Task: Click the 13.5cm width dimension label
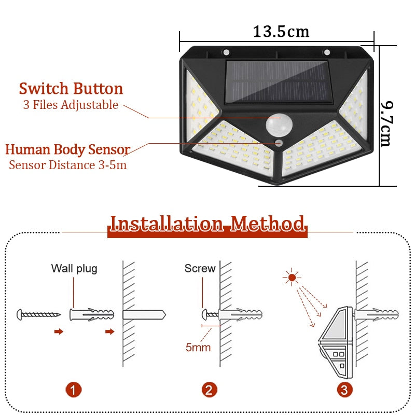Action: (x=281, y=32)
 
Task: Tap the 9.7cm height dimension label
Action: (x=387, y=123)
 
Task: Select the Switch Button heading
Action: (x=71, y=88)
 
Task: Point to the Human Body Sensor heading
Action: (x=68, y=149)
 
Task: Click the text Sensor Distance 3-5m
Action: (x=68, y=165)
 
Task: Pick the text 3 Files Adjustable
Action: (x=71, y=105)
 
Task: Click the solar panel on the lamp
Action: (x=278, y=82)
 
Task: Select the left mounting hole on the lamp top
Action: (x=226, y=52)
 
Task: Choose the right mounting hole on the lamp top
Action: (x=327, y=52)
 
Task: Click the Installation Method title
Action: (x=207, y=224)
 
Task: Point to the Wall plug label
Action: (x=74, y=269)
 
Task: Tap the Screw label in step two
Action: (x=200, y=268)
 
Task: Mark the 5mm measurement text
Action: (x=198, y=348)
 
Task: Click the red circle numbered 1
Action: (x=74, y=390)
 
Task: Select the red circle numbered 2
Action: (x=210, y=390)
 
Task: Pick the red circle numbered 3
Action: (x=344, y=390)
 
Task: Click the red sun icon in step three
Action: (x=292, y=278)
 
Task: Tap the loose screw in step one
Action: (x=38, y=314)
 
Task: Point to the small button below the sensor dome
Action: (x=279, y=143)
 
